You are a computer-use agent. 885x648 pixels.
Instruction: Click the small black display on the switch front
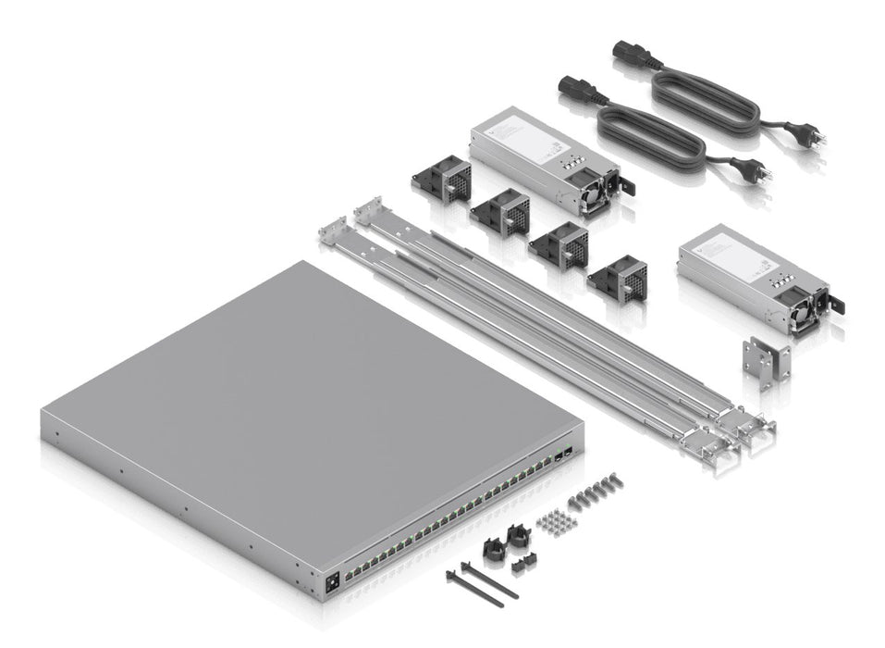coord(331,582)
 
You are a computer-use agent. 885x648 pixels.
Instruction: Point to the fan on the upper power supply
coord(600,193)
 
